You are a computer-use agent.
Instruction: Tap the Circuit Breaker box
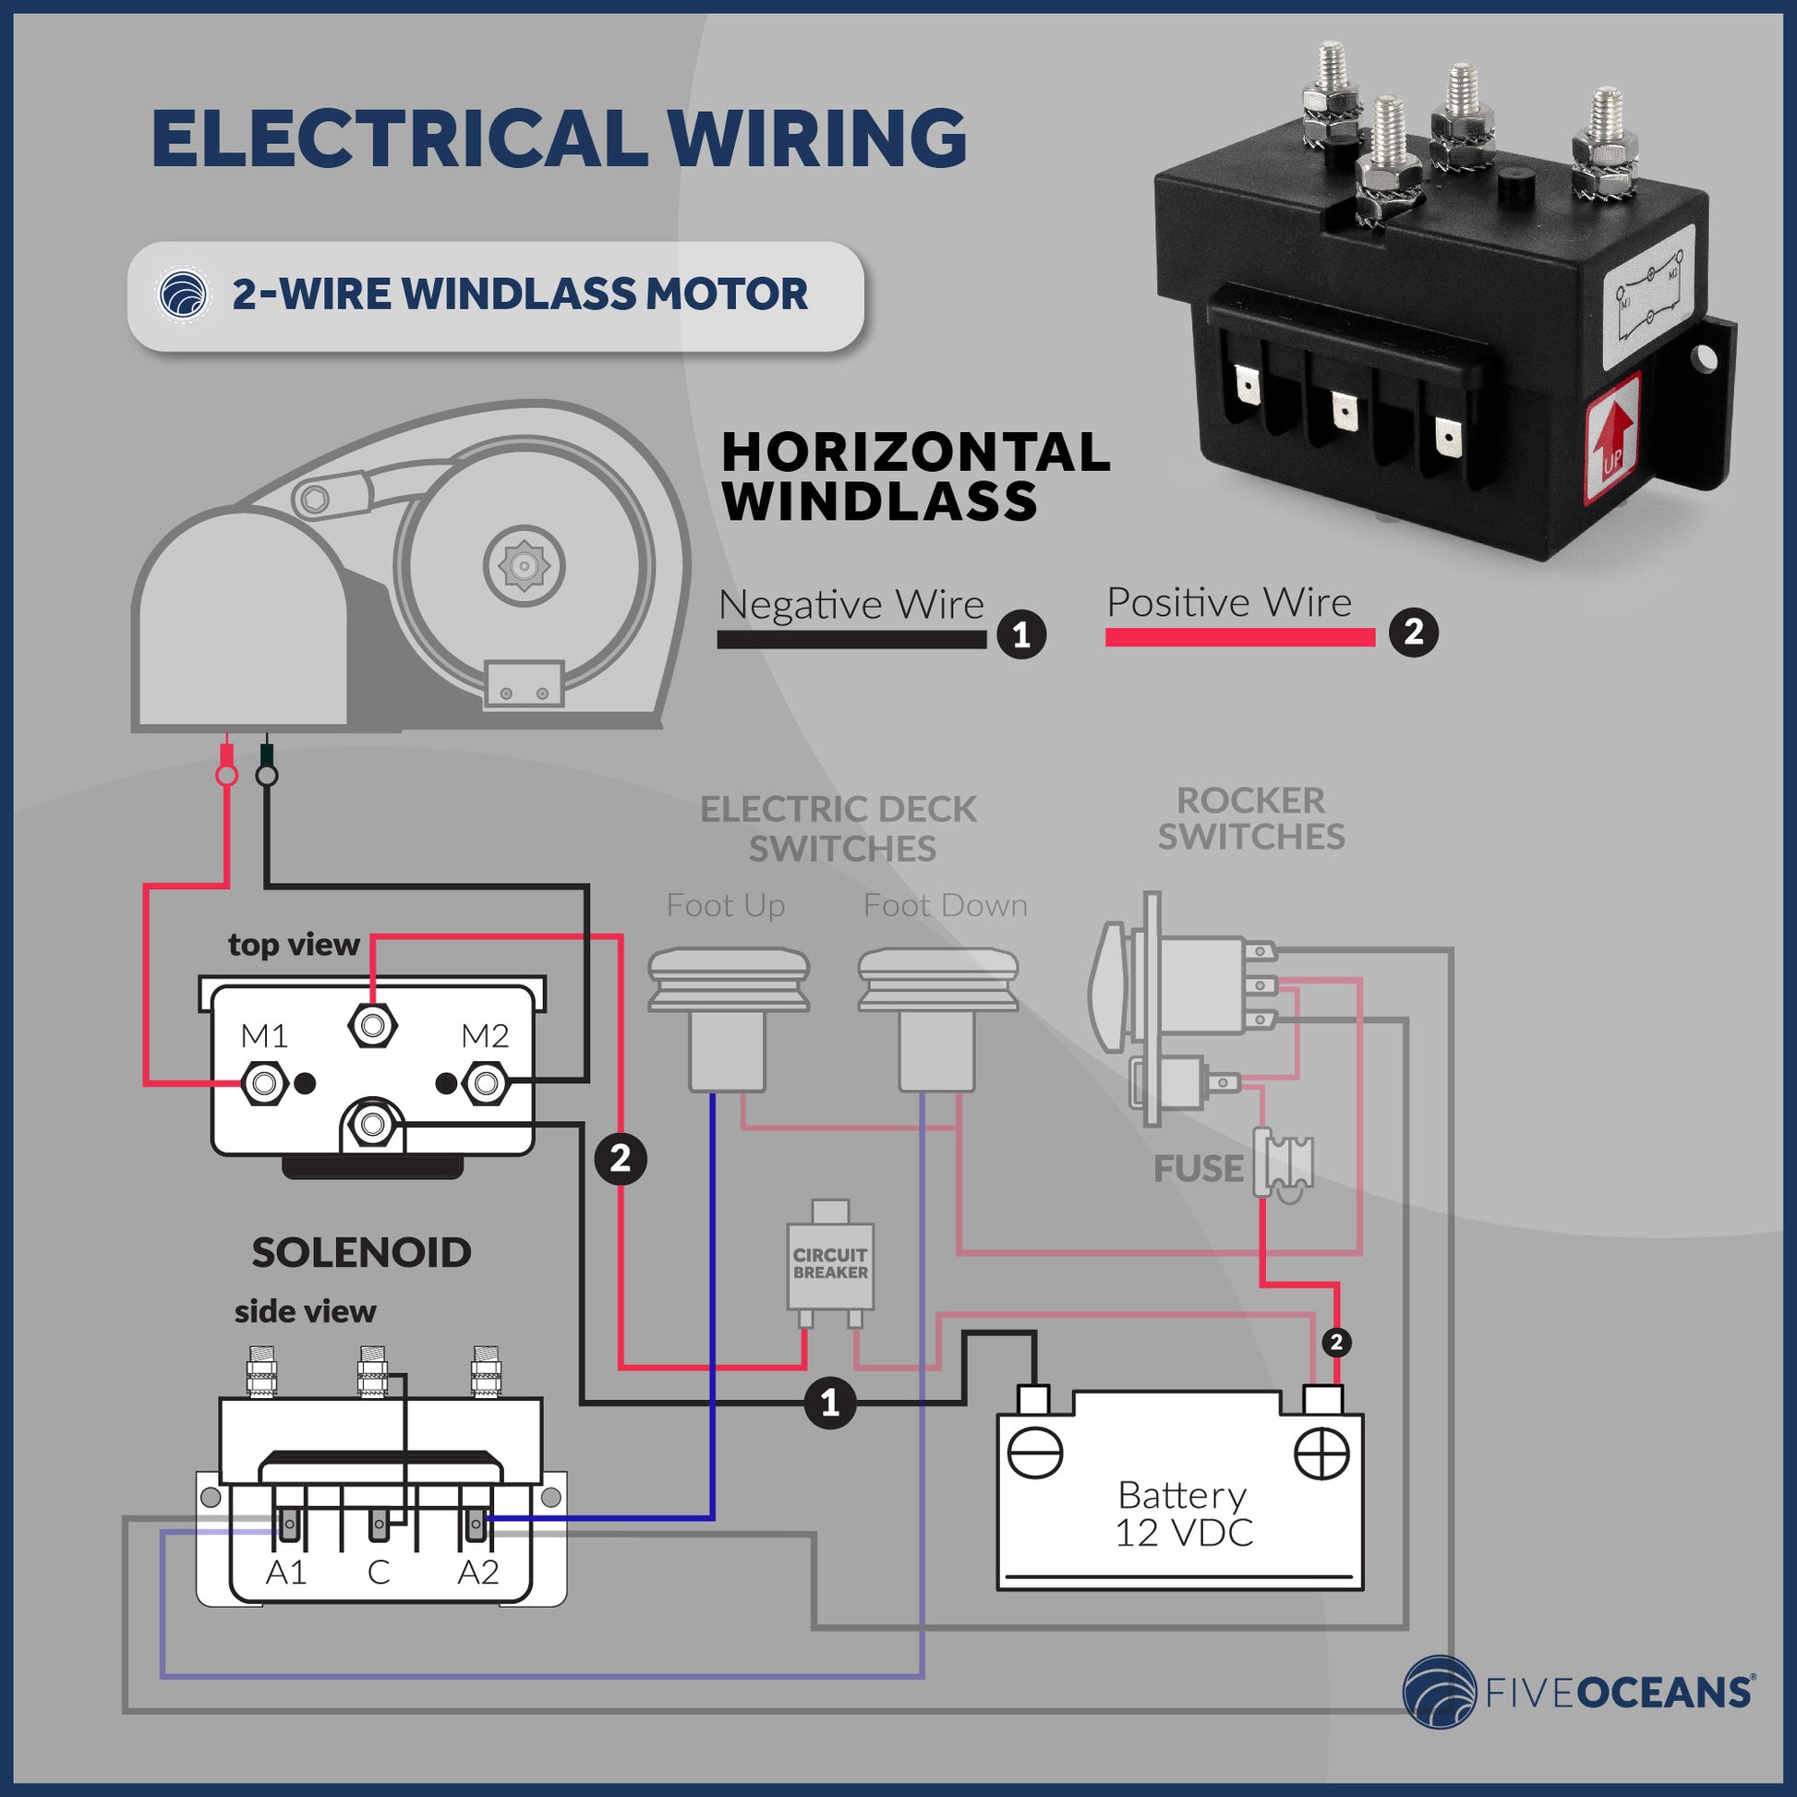pyautogui.click(x=829, y=1264)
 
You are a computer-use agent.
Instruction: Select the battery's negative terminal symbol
pyautogui.click(x=1035, y=1453)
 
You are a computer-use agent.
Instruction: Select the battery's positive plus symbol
pyautogui.click(x=1321, y=1453)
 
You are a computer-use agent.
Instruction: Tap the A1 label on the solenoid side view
pyautogui.click(x=285, y=1572)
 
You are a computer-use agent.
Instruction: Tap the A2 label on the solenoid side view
pyautogui.click(x=478, y=1572)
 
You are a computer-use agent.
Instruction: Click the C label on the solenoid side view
pyautogui.click(x=378, y=1572)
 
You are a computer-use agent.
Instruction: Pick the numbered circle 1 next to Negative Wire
pyautogui.click(x=1021, y=636)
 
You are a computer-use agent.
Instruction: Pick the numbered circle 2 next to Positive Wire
pyautogui.click(x=1413, y=633)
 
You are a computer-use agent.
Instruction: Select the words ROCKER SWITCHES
pyautogui.click(x=1250, y=818)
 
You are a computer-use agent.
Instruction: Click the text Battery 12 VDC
pyautogui.click(x=1182, y=1514)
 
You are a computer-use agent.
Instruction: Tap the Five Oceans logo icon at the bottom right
pyautogui.click(x=1439, y=1692)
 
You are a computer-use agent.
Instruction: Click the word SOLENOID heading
pyautogui.click(x=361, y=1253)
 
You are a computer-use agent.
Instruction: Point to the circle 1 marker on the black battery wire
pyautogui.click(x=829, y=1403)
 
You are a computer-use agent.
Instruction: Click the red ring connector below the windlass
pyautogui.click(x=226, y=774)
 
